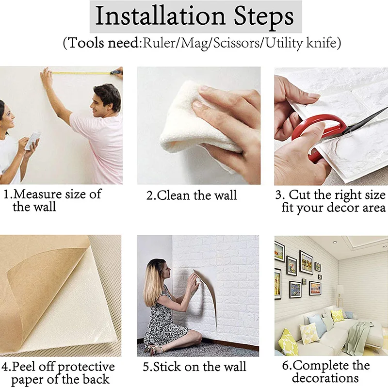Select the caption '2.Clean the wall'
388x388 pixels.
(192, 195)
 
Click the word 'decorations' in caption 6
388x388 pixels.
(325, 378)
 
